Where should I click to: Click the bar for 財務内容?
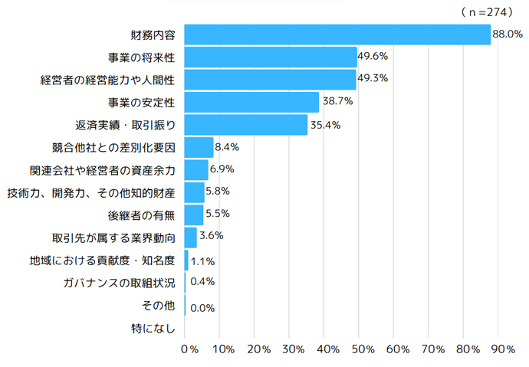[337, 34]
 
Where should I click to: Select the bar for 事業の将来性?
[271, 57]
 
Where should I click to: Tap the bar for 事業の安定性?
[251, 102]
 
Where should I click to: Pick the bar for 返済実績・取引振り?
[246, 125]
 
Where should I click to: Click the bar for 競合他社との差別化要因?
[199, 147]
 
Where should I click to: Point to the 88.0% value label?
[508, 34]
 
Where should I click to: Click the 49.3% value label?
[373, 79]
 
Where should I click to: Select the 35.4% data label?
[324, 125]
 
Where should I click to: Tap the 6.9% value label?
[222, 169]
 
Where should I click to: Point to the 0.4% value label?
[202, 281]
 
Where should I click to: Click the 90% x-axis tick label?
[502, 349]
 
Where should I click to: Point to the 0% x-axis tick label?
[189, 349]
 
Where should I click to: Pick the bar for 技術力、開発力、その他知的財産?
[195, 192]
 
